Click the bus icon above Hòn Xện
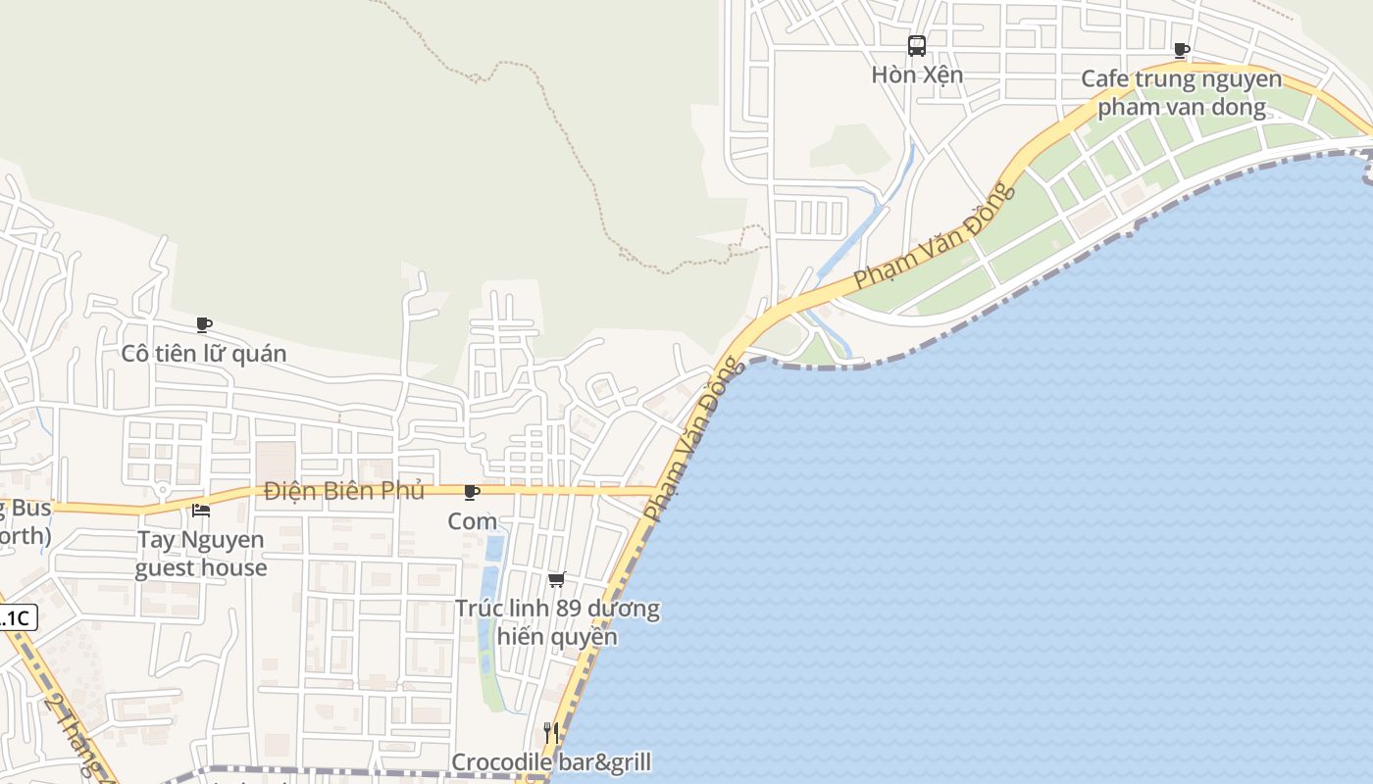tap(916, 45)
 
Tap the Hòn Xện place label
tap(917, 74)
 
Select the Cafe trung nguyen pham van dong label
tap(1181, 93)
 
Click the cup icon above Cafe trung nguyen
tap(1182, 50)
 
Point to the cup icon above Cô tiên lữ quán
tap(204, 324)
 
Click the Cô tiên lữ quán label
tap(204, 354)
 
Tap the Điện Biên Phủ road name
tap(344, 490)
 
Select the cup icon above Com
tap(472, 492)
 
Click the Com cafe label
tap(473, 521)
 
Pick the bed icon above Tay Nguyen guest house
tap(201, 510)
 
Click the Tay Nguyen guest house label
tap(201, 554)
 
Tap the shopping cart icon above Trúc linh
tap(557, 580)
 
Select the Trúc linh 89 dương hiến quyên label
tap(557, 622)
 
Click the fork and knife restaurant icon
tap(551, 733)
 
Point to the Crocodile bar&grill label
tap(551, 762)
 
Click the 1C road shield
tap(17, 618)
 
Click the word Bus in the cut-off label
tap(29, 508)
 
